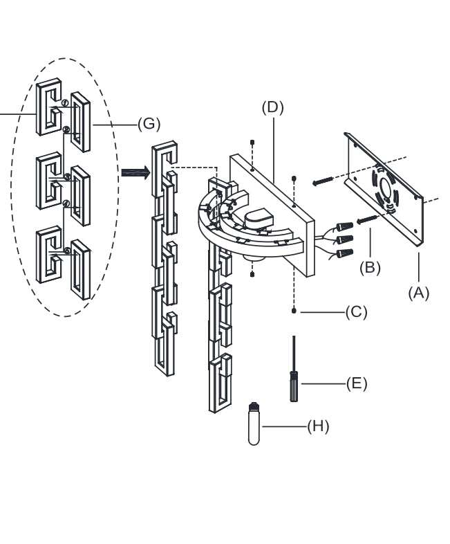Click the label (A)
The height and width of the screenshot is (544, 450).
point(418,293)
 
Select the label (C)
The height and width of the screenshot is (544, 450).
point(356,312)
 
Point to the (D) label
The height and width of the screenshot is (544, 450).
point(272,107)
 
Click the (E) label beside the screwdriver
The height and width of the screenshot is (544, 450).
point(356,383)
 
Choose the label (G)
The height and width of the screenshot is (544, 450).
point(149,124)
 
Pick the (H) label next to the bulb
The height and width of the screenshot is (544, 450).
point(318,426)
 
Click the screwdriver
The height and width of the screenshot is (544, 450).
point(294,374)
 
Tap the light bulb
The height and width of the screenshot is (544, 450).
point(254,424)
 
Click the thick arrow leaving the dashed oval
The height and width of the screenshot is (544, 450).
point(135,173)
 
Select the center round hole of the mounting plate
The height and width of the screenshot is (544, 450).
point(386,188)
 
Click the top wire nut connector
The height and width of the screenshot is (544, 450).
point(344,227)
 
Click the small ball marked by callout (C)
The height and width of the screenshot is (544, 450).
point(294,311)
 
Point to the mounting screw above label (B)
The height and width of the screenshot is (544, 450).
point(368,220)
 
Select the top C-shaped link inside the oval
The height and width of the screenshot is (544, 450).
point(48,107)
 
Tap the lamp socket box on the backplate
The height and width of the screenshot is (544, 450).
point(260,218)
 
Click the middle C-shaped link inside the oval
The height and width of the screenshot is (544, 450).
point(48,180)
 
